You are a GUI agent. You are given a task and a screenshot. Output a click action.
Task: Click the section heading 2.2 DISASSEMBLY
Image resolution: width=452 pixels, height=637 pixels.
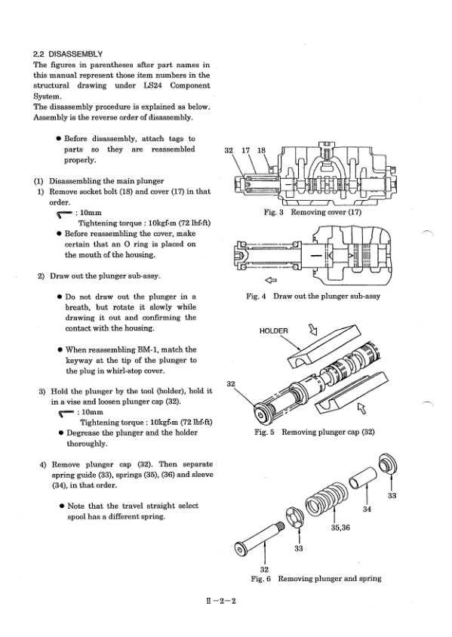(x=67, y=54)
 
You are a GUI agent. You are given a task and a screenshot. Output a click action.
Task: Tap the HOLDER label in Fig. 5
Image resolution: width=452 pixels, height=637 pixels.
(x=273, y=331)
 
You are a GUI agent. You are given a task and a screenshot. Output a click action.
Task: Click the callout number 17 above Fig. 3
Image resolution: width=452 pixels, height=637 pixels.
(x=246, y=150)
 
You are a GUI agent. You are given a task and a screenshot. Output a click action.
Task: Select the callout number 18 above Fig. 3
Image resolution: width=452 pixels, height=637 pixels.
(x=261, y=150)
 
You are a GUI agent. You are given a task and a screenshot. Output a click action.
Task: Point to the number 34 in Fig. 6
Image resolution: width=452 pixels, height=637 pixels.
(x=367, y=509)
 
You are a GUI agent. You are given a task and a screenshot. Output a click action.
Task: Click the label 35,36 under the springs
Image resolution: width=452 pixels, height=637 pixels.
(x=340, y=528)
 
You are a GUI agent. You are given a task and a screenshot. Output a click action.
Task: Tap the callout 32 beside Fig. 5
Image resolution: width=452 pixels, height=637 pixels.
(x=231, y=384)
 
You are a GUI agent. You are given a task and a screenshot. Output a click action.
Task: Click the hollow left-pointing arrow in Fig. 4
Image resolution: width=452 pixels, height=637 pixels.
(x=270, y=280)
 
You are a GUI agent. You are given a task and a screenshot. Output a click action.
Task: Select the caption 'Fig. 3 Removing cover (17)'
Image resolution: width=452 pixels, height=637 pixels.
(x=312, y=212)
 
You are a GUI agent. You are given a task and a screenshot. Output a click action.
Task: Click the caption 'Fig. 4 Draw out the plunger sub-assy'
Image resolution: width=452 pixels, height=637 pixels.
(x=313, y=296)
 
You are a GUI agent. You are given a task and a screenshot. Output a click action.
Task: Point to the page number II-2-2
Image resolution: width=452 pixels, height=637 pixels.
(x=221, y=601)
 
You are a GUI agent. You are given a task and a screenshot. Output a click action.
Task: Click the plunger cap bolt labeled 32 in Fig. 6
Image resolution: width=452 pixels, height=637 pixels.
(x=259, y=538)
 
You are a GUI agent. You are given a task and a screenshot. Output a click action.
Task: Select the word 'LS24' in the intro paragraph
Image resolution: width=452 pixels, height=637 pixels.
(x=152, y=86)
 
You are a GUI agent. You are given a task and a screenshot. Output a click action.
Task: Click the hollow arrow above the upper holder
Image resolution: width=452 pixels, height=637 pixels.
(x=313, y=329)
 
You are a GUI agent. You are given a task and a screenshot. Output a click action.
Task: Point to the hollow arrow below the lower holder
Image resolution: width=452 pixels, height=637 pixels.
(x=361, y=408)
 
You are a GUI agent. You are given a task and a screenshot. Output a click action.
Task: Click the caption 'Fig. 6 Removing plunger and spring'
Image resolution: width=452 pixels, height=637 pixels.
(x=316, y=579)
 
